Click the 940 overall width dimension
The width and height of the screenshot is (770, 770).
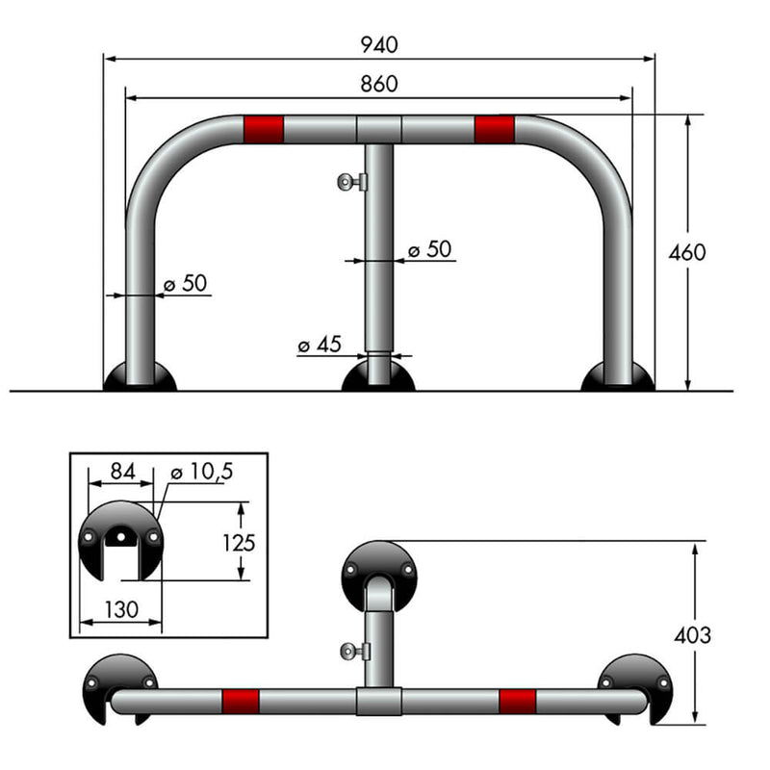click(378, 44)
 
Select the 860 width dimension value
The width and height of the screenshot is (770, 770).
click(378, 84)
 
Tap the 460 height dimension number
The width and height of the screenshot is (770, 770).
click(687, 253)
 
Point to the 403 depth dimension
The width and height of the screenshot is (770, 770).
click(692, 635)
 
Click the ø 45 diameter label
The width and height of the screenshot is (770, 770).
click(320, 345)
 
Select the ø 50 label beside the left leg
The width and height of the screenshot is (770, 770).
click(185, 284)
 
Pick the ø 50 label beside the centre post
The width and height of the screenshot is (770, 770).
click(429, 249)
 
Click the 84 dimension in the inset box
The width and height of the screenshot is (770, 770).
click(121, 471)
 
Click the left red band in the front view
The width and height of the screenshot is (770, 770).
click(264, 128)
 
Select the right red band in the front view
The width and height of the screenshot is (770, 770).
click(495, 128)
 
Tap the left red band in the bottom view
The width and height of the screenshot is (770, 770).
click(241, 700)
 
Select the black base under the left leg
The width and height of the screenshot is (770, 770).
click(141, 377)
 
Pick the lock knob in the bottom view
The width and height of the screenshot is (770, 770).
click(352, 652)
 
